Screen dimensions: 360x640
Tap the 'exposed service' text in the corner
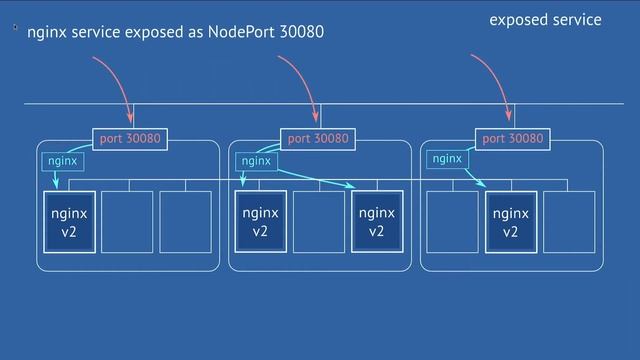[545, 20]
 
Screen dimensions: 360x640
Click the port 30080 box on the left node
[130, 139]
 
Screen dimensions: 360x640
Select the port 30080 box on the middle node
[318, 139]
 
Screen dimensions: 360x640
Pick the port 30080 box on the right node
[512, 139]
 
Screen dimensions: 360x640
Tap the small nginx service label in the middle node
[256, 160]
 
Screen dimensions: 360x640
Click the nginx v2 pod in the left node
[69, 222]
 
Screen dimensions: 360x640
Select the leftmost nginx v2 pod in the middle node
[261, 222]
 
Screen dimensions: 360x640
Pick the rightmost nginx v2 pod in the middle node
[377, 222]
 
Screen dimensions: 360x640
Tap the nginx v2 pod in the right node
[510, 222]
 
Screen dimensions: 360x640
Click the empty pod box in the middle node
[319, 222]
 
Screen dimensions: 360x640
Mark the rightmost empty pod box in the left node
[185, 222]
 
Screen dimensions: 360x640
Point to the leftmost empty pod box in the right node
[452, 222]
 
